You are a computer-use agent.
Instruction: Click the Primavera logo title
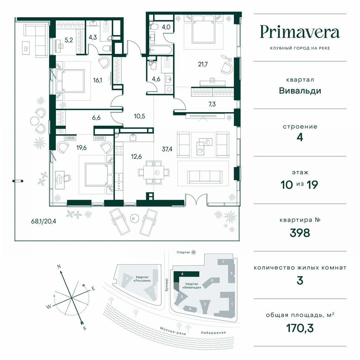pos(300,32)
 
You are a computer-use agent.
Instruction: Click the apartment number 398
pos(300,232)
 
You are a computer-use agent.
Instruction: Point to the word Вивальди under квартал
pos(300,90)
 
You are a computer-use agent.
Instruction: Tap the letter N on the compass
pos(59,266)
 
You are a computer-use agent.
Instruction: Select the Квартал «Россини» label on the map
pos(142,278)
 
